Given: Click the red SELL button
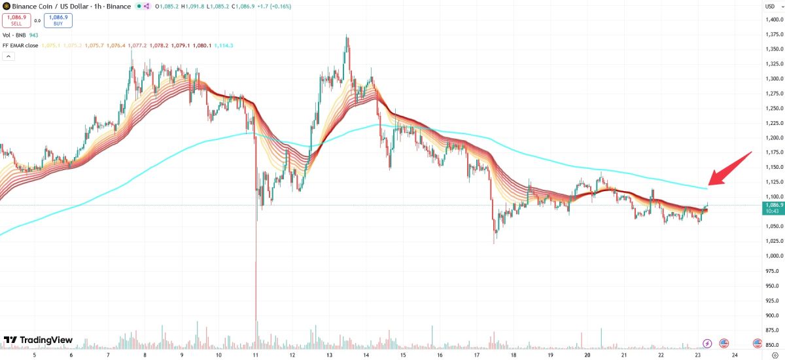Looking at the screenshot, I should pos(16,20).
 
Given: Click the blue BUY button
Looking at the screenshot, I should pos(59,20).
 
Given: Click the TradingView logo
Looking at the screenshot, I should pos(38,340).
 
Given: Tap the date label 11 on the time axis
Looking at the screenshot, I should pos(255,355).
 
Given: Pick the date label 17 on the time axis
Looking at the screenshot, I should pos(477,355).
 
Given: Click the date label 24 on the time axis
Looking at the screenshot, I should pos(735,355).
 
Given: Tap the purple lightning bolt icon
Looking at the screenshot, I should pos(707,343).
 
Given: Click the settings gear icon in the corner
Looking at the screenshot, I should pos(775,355).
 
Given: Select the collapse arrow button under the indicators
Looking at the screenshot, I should pos(9,56).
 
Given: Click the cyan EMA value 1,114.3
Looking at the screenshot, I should pos(223,45).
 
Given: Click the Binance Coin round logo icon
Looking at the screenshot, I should pos(7,6).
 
